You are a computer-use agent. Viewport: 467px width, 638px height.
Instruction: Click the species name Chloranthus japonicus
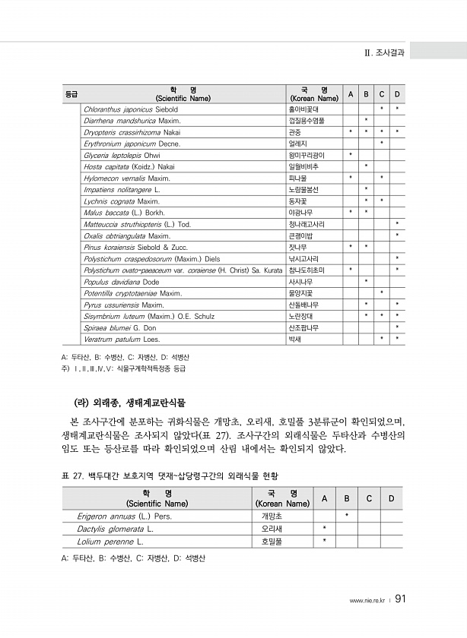130,109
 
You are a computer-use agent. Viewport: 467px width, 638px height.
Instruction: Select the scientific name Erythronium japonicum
132,143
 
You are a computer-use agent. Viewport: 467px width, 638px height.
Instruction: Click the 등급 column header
71,94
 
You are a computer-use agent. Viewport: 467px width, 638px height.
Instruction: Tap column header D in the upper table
397,94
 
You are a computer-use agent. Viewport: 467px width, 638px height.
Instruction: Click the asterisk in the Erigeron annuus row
347,516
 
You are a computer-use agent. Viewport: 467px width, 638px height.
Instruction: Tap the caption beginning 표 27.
168,476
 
